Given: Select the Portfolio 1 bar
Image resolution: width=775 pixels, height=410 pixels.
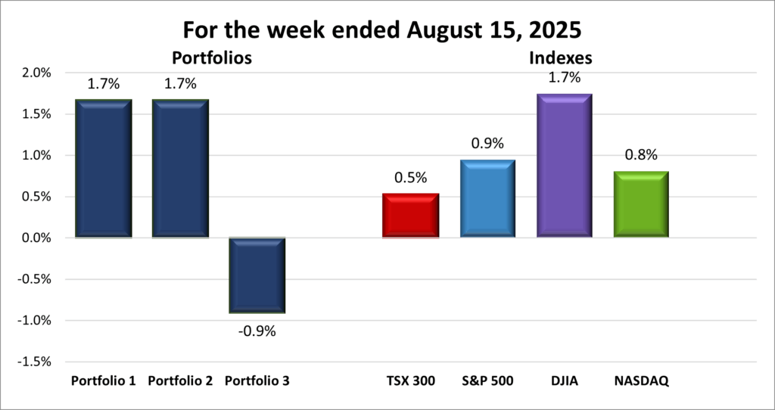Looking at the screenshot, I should point(104,169).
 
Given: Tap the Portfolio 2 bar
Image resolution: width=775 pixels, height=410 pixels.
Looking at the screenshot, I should point(180,169).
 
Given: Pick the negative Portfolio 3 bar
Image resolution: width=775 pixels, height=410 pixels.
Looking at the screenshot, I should point(257,275).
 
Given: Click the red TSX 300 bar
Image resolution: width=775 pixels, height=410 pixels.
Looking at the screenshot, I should point(411,216).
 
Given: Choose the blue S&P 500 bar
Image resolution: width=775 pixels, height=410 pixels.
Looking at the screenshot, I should point(488,199).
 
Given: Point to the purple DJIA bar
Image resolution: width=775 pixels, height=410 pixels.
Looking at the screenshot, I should point(565,166).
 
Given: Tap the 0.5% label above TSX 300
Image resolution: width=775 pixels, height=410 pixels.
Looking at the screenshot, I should point(411,179).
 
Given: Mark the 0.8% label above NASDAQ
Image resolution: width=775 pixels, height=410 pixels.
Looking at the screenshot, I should point(641,156).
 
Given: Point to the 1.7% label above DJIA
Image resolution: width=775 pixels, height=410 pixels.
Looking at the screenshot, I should point(565,77).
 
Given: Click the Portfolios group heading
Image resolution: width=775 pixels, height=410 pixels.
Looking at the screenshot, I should point(211,57).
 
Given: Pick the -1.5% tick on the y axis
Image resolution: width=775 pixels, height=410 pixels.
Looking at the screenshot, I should point(36,362).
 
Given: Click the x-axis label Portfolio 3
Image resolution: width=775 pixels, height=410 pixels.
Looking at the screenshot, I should point(257,380).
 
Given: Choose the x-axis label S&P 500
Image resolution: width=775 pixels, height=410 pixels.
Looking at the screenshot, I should point(488,380).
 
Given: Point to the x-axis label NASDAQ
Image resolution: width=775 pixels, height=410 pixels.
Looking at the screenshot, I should point(641,380).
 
